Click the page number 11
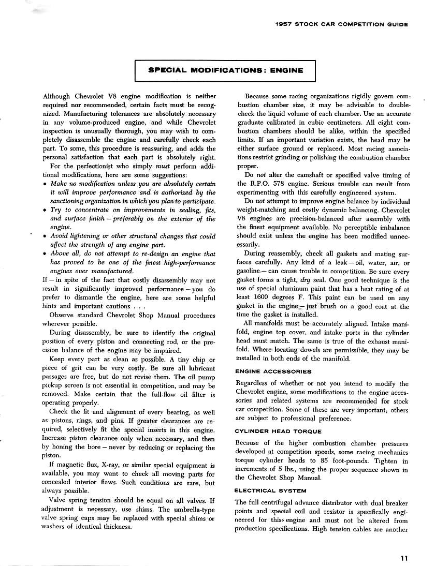click(x=404, y=558)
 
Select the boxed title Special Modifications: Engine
click(x=225, y=70)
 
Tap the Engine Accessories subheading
click(x=273, y=371)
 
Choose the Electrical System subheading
click(x=270, y=490)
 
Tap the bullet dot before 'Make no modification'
click(x=47, y=185)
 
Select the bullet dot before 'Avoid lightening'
click(x=47, y=236)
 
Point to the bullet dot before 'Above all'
click(x=47, y=254)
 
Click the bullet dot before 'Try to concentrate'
click(x=47, y=210)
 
